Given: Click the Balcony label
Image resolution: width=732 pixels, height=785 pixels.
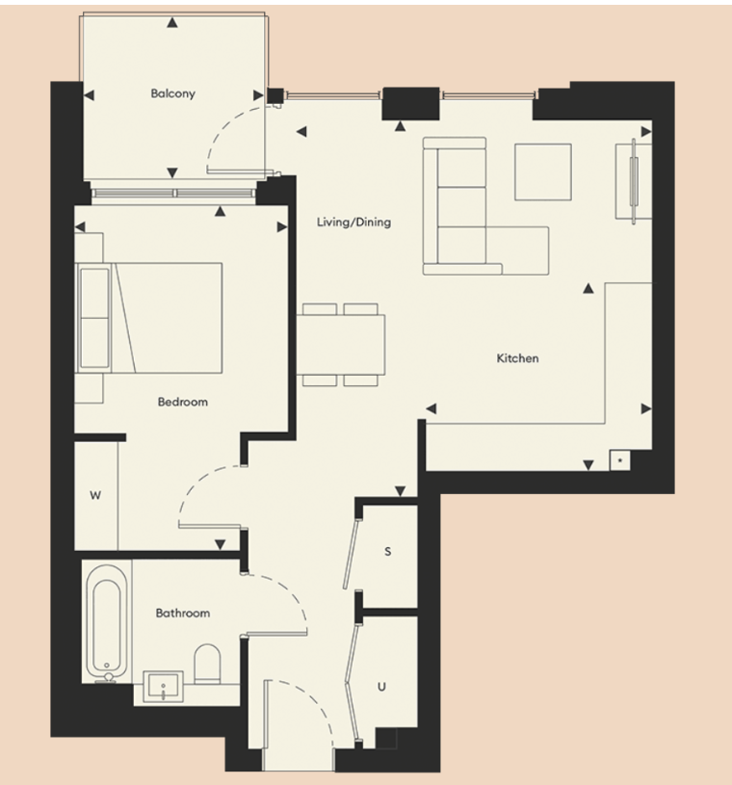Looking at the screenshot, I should point(172,93).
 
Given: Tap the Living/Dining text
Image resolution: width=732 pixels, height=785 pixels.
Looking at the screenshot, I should point(353,222).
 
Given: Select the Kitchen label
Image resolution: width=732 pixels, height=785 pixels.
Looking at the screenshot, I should point(517,358).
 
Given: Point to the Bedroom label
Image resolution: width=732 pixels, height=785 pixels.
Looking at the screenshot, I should point(182,402).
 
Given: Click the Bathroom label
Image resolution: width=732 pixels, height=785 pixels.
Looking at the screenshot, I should point(182,613).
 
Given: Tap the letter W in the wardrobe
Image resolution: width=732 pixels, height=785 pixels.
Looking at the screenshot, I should point(95,496).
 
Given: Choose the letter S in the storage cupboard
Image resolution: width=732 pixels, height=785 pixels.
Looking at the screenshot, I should point(388,552).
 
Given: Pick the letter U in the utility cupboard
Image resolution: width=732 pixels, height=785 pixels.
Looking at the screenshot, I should point(382,687).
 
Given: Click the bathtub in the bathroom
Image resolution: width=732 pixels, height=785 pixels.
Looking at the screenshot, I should point(103,625).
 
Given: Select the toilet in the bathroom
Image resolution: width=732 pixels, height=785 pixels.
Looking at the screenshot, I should point(208,665).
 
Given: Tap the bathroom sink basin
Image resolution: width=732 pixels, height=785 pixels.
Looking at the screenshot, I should point(166,688).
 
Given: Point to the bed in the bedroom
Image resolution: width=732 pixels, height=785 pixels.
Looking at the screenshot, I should point(159,317).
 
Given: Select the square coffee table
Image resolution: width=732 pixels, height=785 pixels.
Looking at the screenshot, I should point(542,171).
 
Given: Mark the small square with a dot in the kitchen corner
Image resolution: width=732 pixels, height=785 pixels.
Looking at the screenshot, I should point(619,460).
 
